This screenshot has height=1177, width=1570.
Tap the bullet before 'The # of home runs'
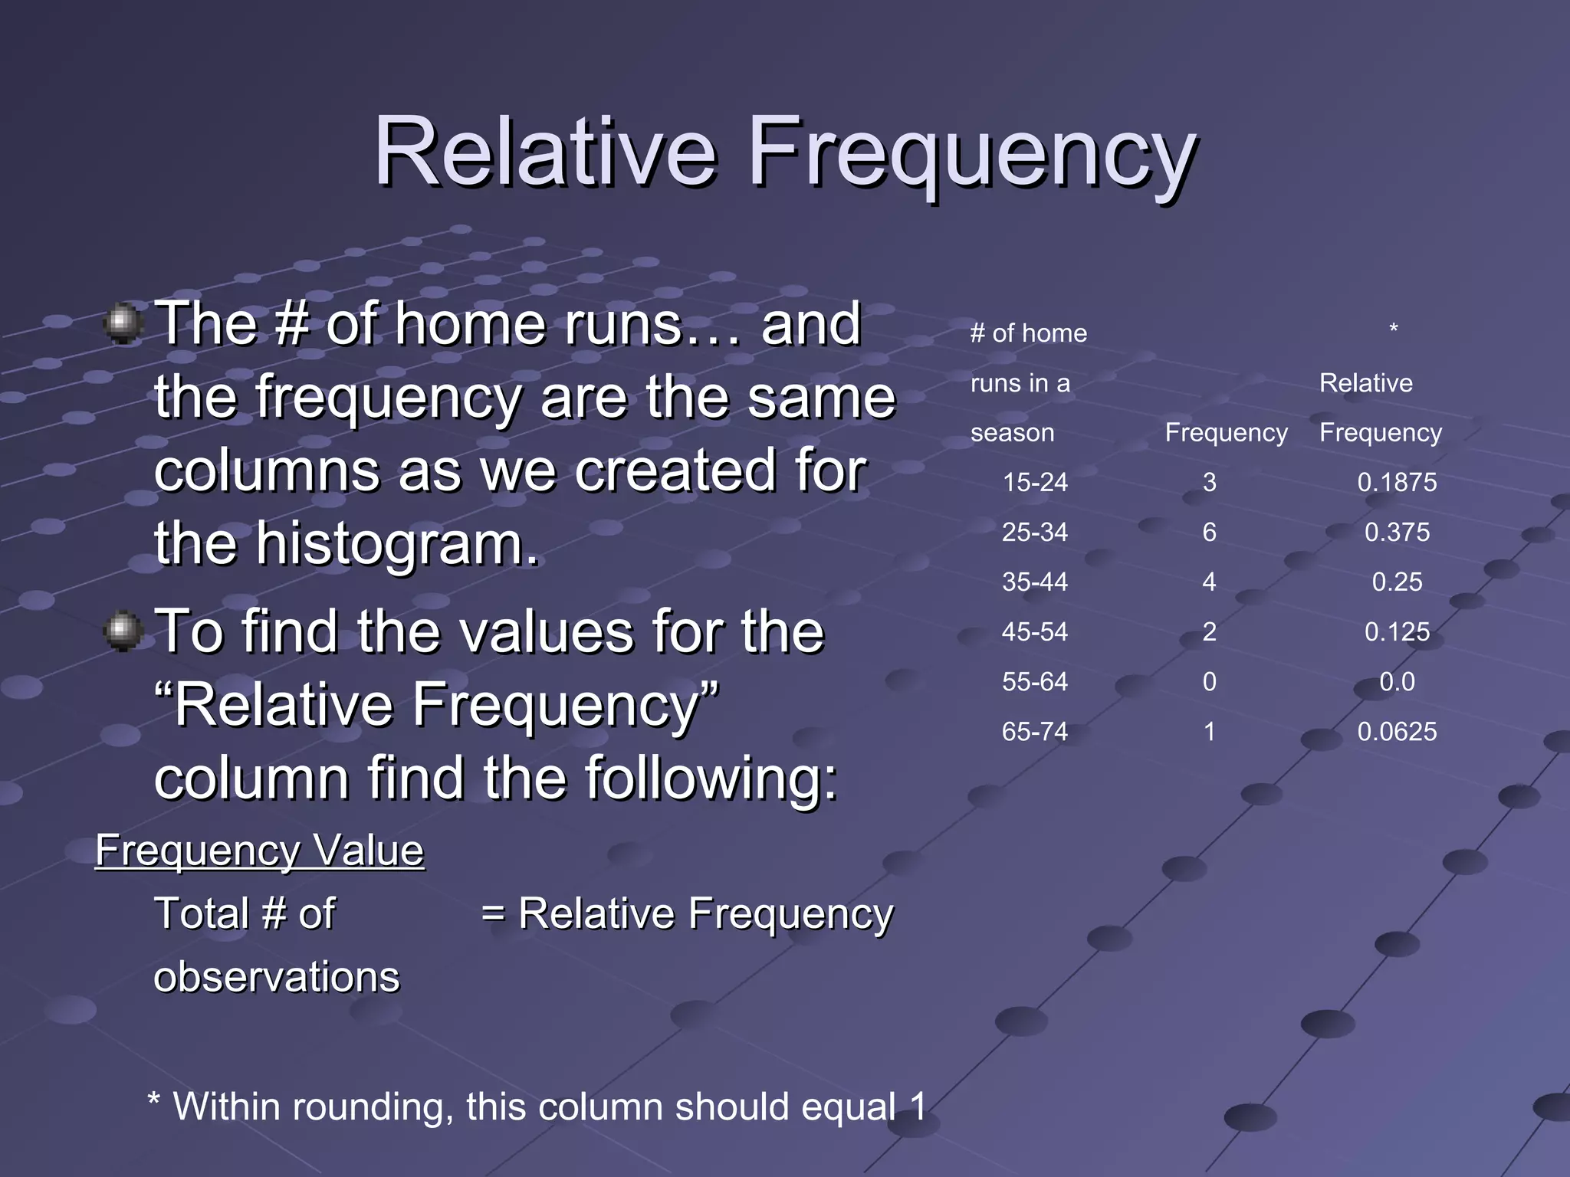click(123, 323)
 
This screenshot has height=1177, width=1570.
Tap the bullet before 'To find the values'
click(123, 631)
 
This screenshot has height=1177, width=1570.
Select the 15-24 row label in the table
click(1035, 482)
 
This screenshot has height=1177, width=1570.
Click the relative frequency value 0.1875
click(1397, 482)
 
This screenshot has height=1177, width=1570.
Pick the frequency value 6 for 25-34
click(1209, 532)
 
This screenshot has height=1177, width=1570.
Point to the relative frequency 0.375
click(1397, 532)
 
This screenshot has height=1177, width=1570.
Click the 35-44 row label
click(1035, 582)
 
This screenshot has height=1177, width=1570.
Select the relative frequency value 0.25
click(1397, 582)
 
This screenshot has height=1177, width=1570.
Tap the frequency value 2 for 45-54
click(1209, 631)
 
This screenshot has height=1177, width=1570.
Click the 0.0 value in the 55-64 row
click(1397, 681)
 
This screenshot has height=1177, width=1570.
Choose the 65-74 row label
click(1035, 731)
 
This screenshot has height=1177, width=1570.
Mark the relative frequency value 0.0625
click(1397, 731)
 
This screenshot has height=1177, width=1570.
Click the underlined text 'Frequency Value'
click(259, 851)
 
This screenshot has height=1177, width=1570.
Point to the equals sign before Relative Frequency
click(493, 914)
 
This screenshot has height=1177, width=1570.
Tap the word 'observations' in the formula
click(277, 977)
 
